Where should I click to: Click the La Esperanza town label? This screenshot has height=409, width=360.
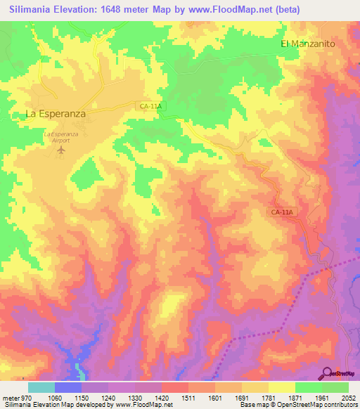tap(56, 112)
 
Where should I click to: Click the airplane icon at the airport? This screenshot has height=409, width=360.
tap(61, 150)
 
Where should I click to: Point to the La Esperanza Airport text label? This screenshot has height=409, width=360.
tap(61, 136)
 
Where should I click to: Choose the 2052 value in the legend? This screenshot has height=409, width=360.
tap(349, 398)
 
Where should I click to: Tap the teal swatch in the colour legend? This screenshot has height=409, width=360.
tap(41, 387)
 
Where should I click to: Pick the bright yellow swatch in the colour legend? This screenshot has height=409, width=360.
tap(282, 387)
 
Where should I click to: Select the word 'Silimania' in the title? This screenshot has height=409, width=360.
tap(30, 9)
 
